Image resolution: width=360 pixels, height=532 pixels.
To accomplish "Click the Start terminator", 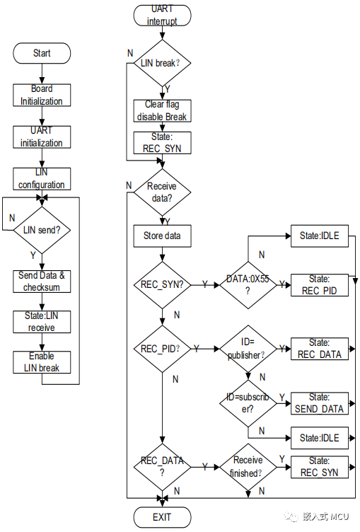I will click(42, 54).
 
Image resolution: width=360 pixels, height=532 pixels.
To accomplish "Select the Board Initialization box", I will click(42, 96).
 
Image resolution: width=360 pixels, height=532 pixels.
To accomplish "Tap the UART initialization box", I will click(42, 137).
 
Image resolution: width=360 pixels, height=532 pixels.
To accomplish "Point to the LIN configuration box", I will click(42, 178).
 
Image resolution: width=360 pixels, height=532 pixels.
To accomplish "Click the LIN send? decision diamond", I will click(42, 230).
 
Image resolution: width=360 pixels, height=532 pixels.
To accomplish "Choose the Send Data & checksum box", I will click(42, 281).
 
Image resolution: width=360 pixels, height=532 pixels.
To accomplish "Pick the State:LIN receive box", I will click(42, 322).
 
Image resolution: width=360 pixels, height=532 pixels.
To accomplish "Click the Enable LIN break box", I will click(42, 362).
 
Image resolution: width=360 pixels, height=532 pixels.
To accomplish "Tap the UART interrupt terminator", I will click(161, 15).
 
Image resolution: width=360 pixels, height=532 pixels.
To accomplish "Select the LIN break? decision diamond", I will click(161, 63).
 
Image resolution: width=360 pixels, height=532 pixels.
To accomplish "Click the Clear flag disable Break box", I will click(161, 110).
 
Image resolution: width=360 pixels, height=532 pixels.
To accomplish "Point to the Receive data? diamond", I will click(161, 192).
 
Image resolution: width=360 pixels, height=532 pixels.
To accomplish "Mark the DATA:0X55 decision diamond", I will click(247, 284).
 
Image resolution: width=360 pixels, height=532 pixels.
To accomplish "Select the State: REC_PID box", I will click(319, 284).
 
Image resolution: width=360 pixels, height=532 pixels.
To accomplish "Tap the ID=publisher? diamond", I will click(247, 349).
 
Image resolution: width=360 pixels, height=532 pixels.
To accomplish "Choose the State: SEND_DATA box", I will click(319, 403).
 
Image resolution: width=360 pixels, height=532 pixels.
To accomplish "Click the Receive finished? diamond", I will click(247, 467).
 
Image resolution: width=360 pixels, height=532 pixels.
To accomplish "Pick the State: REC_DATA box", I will click(319, 349).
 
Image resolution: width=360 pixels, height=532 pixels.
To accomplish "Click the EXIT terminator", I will click(161, 516).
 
